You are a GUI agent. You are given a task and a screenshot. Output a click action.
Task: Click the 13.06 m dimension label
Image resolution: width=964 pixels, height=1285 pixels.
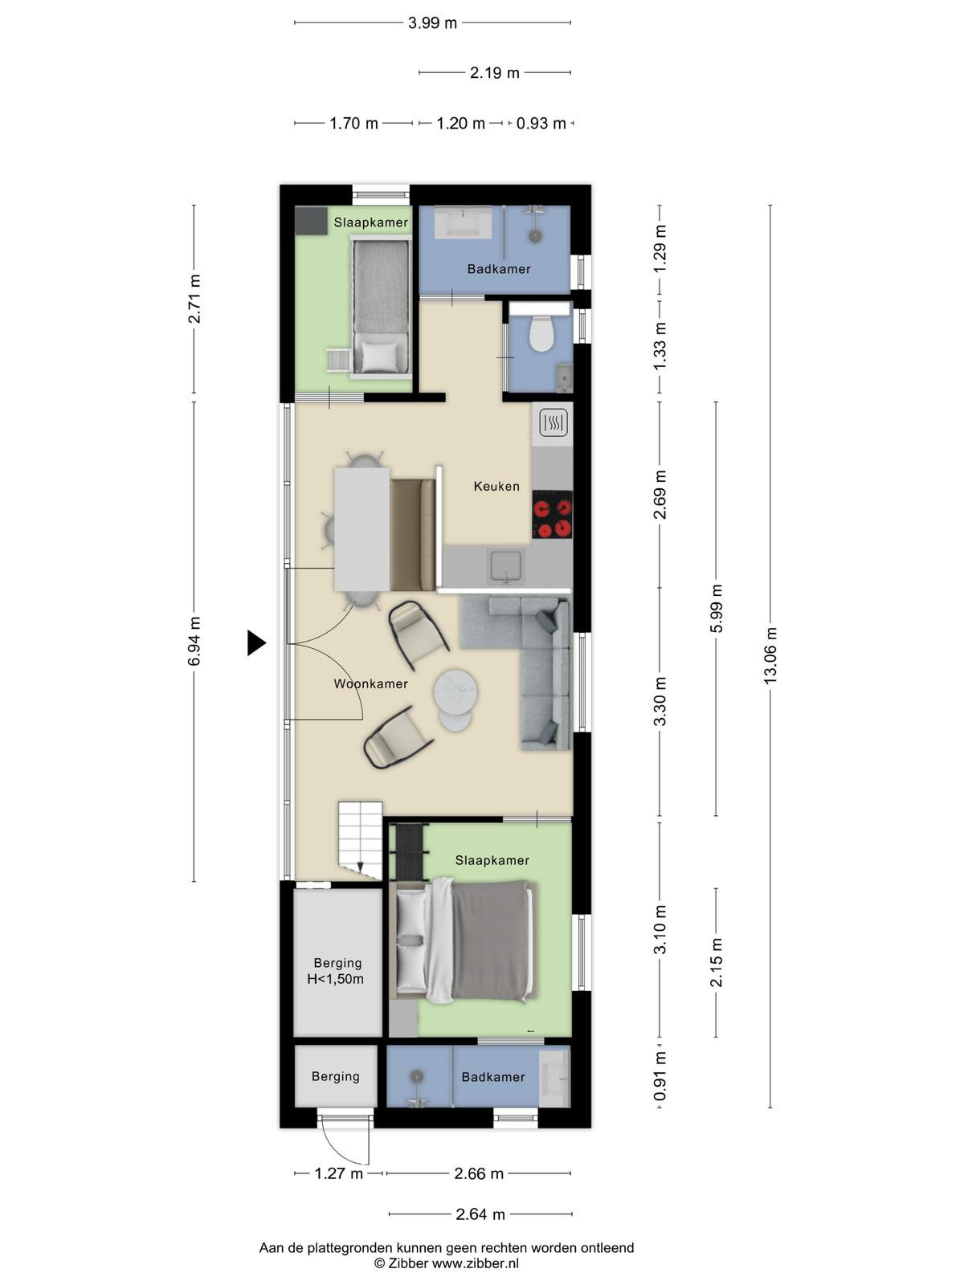coord(770,655)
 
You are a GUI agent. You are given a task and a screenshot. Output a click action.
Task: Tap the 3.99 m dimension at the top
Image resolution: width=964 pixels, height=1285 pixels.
coord(432,22)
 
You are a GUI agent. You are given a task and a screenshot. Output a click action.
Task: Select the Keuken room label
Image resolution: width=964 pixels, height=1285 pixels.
coord(496,486)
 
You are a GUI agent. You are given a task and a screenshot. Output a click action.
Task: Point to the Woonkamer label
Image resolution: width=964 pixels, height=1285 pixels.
coord(370,683)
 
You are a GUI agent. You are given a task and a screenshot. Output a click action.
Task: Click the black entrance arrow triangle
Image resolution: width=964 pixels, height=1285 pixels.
coord(256,642)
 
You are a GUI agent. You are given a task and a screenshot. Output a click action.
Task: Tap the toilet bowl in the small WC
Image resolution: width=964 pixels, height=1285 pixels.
coord(541,333)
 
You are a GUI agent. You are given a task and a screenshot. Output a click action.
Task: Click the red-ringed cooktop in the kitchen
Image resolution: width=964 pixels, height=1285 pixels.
coord(552,515)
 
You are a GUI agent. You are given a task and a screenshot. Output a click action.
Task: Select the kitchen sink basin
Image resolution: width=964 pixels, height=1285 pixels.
coord(507,567)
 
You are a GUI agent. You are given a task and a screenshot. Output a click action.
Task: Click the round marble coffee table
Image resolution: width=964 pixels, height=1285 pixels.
coord(455,693)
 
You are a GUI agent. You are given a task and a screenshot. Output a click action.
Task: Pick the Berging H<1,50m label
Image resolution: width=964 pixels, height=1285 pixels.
coord(337,971)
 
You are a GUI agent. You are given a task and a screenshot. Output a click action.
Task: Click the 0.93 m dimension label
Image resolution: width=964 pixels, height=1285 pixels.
coord(541,124)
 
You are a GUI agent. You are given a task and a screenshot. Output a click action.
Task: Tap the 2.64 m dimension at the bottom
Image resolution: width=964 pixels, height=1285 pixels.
coord(480,1215)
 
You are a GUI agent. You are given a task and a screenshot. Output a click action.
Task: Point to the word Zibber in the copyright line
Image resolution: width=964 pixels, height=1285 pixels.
coord(407,1263)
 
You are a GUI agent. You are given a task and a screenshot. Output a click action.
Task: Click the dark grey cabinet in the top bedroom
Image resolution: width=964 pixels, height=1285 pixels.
coord(311,221)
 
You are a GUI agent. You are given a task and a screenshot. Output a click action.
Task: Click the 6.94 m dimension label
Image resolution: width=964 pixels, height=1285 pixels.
coord(194,641)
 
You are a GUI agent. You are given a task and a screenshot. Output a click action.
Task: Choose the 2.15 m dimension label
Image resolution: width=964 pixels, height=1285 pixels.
coord(716,962)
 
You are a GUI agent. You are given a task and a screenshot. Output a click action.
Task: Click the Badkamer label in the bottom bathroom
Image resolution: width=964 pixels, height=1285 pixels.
coord(492,1077)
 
